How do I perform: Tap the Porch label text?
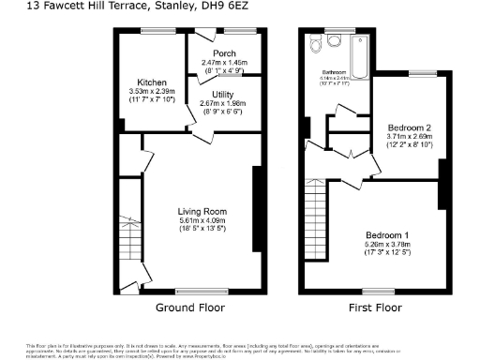point(223,53)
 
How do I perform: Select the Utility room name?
point(223,95)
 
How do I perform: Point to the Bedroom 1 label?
point(387,233)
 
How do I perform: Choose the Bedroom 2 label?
point(409,127)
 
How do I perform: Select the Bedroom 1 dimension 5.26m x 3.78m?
point(387,244)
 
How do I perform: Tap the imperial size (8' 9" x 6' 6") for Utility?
point(223,112)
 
